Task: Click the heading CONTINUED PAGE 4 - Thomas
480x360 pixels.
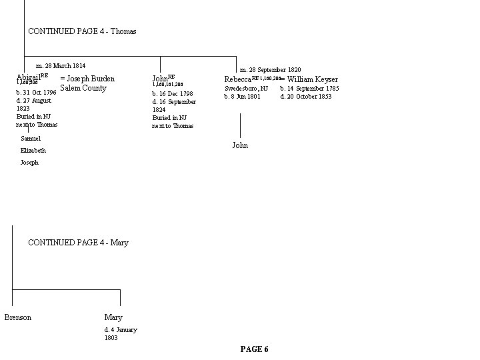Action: [x=82, y=31]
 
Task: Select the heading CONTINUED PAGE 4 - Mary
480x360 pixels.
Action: [x=78, y=243]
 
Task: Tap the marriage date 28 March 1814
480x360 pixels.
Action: [x=61, y=67]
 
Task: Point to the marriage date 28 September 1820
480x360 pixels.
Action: [x=270, y=70]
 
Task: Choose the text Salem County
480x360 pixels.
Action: [x=83, y=88]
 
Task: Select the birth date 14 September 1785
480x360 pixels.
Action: [x=309, y=89]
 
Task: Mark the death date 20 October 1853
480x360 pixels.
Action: [x=306, y=97]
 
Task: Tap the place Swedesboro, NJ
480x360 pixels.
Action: [x=246, y=89]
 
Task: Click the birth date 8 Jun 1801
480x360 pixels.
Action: [x=242, y=97]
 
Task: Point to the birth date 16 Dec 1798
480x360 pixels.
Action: [x=173, y=94]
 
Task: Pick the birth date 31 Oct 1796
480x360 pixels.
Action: [x=36, y=92]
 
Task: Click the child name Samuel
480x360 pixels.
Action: [x=31, y=139]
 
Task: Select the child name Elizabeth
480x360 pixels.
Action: [x=33, y=151]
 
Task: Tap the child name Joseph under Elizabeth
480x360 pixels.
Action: [x=29, y=163]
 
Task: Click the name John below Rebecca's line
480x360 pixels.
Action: [x=240, y=145]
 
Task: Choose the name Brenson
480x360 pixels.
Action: [x=18, y=317]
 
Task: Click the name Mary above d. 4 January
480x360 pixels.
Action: [x=113, y=317]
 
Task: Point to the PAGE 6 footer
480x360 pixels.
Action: [x=254, y=349]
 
